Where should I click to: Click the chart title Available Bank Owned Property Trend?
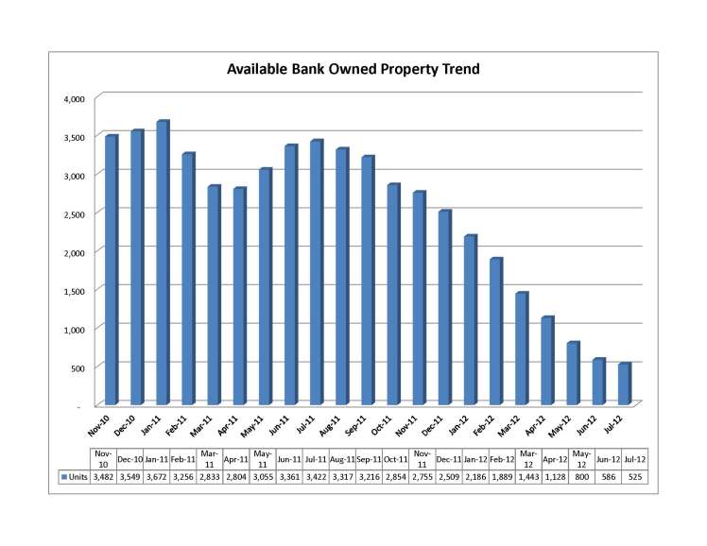352,69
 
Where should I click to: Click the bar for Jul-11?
316,272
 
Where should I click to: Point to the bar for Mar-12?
521,349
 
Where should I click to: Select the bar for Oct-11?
392,294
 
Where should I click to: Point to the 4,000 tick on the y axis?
75,98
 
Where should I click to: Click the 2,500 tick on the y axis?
75,213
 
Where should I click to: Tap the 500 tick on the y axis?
78,367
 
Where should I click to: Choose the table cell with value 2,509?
447,477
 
